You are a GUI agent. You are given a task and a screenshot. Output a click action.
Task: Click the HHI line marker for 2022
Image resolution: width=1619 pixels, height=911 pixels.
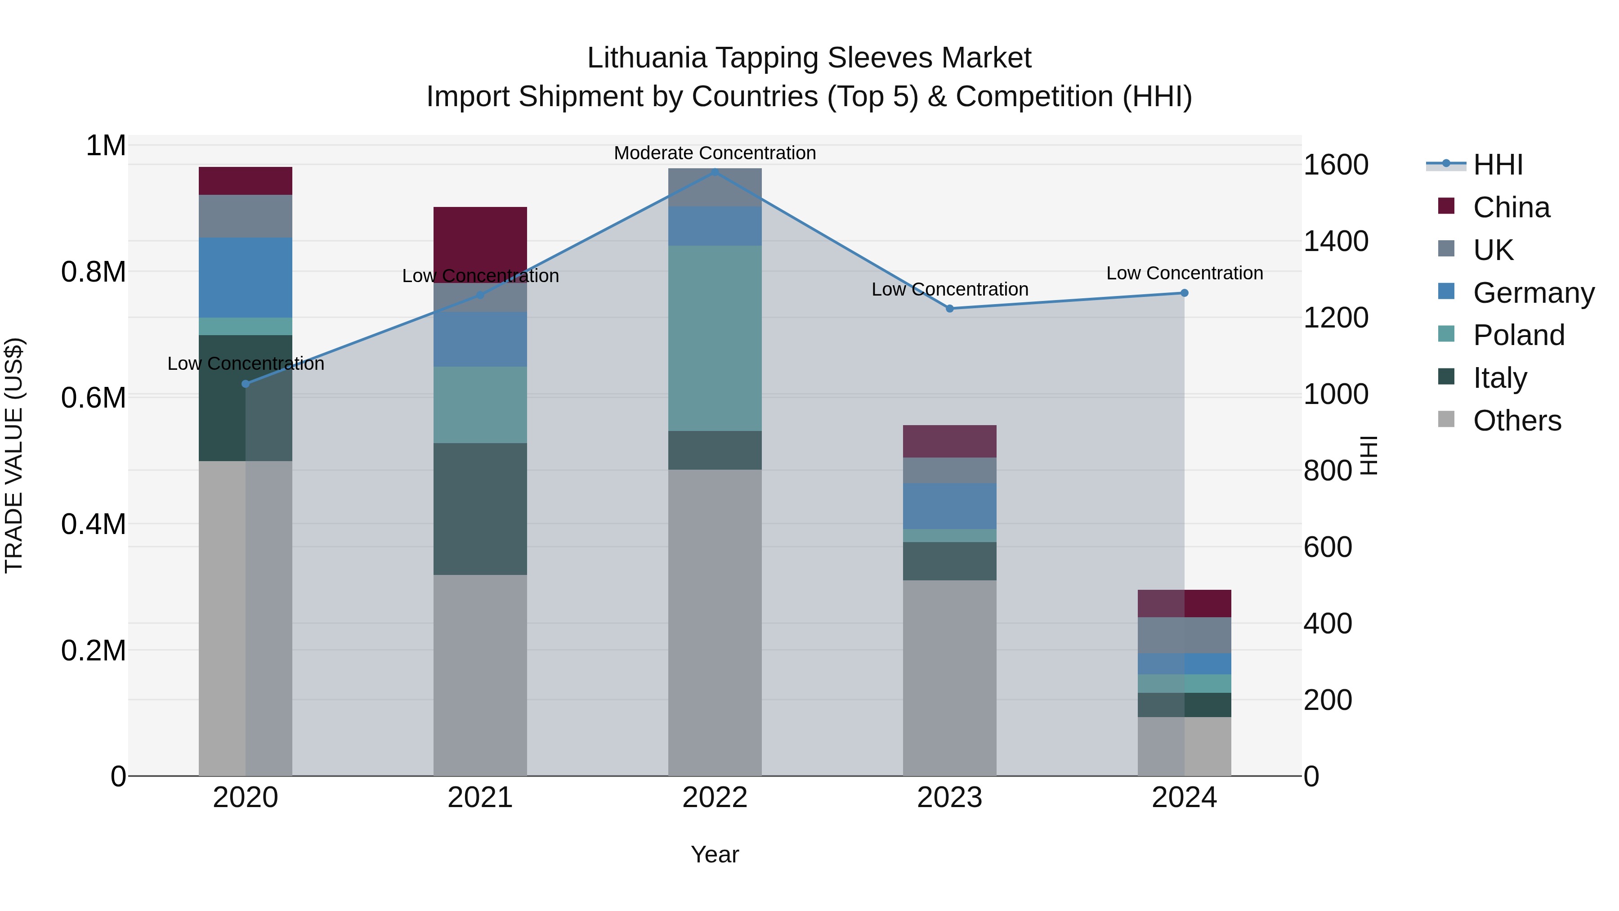click(x=715, y=172)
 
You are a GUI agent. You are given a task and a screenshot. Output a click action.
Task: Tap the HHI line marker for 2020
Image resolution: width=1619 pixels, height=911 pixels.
click(x=246, y=383)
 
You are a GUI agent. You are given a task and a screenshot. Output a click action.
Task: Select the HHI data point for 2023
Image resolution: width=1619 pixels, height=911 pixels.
click(x=950, y=308)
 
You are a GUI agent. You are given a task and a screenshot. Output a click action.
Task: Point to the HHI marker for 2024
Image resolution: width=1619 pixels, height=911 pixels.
click(x=1184, y=293)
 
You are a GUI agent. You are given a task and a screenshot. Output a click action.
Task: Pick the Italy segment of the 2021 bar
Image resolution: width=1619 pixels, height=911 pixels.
click(x=480, y=509)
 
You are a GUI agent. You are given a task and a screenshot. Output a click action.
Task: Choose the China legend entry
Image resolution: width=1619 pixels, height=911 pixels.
click(x=1511, y=207)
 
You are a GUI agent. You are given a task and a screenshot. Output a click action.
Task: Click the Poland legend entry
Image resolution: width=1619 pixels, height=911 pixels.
click(x=1518, y=335)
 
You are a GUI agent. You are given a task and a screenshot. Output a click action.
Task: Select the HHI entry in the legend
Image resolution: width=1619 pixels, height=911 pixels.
click(x=1498, y=165)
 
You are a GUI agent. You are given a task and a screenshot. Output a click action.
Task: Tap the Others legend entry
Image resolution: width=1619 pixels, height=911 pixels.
click(x=1516, y=421)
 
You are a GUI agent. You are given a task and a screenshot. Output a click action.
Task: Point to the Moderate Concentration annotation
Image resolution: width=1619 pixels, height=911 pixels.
click(x=715, y=153)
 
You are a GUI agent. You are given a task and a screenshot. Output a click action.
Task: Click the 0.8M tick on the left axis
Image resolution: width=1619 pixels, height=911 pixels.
click(x=94, y=272)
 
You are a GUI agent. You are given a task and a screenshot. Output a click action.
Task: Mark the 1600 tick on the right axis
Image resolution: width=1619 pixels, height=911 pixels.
click(x=1336, y=165)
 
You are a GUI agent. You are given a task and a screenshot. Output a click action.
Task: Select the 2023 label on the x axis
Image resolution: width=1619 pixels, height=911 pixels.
click(x=950, y=797)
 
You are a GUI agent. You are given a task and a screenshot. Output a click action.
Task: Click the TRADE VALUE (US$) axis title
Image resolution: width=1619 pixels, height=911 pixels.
click(x=14, y=455)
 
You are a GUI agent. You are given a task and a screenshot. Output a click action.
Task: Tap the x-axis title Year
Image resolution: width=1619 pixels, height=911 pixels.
click(x=715, y=854)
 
